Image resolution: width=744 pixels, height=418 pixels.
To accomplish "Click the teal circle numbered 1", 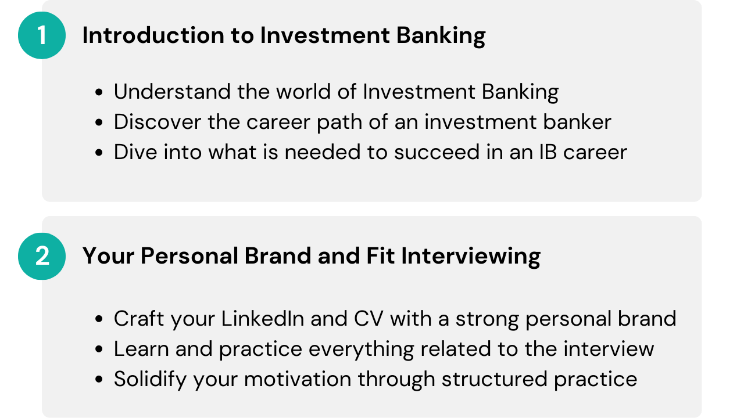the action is click(42, 35).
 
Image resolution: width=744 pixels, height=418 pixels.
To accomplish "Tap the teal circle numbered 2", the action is click(42, 256).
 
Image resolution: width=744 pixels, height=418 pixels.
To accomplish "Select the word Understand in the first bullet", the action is click(172, 92).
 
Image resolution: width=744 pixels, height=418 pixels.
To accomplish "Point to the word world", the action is click(303, 92).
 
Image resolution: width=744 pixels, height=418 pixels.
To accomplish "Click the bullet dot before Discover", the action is click(99, 122).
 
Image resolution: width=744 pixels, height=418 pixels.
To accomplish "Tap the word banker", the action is click(577, 122).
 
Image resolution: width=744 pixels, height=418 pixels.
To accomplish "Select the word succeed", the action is click(437, 152).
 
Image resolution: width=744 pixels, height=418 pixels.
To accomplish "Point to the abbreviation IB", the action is click(548, 152).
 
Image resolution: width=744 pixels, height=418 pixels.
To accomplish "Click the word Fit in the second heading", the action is click(381, 256).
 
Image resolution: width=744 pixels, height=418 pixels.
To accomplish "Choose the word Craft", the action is click(139, 319).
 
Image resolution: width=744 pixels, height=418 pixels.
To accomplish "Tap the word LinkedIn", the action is click(263, 319).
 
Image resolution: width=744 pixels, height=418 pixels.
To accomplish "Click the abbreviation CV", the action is click(369, 319).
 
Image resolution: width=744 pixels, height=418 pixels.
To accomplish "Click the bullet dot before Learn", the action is click(99, 349).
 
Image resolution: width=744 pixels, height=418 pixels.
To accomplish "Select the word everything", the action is click(362, 349).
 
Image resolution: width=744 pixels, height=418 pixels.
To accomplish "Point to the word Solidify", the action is click(150, 379).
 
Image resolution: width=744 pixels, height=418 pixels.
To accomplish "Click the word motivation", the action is click(298, 379).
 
